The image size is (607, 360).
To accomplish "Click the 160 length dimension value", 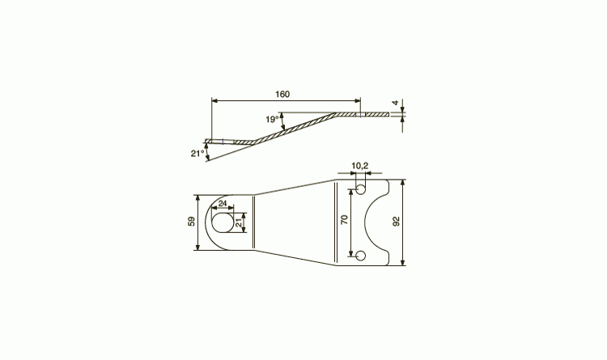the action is pyautogui.click(x=282, y=94).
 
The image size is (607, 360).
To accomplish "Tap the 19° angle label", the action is pyautogui.click(x=272, y=119).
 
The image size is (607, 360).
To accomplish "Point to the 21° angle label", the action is pyautogui.click(x=197, y=153).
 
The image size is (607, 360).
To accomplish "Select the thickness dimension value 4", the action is pyautogui.click(x=395, y=103).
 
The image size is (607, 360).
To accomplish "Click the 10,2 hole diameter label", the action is pyautogui.click(x=360, y=166).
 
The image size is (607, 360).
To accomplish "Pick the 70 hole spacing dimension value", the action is pyautogui.click(x=345, y=219).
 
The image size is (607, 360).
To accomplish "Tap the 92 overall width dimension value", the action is pyautogui.click(x=396, y=221).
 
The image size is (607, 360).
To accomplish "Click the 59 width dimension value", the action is pyautogui.click(x=191, y=222).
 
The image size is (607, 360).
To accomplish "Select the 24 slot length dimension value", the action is pyautogui.click(x=223, y=204).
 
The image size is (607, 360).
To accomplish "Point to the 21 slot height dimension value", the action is pyautogui.click(x=239, y=222).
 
